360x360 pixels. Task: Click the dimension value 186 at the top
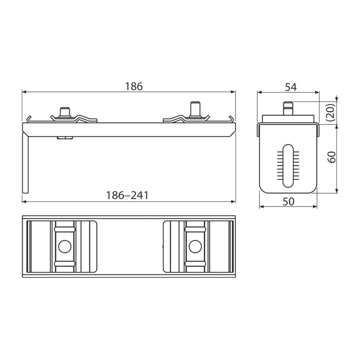(134, 86)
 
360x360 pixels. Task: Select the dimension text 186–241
(127, 195)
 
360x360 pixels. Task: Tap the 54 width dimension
(291, 87)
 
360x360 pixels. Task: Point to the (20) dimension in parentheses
(332, 112)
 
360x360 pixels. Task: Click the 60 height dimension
(332, 157)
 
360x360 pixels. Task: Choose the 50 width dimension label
(288, 201)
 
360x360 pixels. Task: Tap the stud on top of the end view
(288, 108)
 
